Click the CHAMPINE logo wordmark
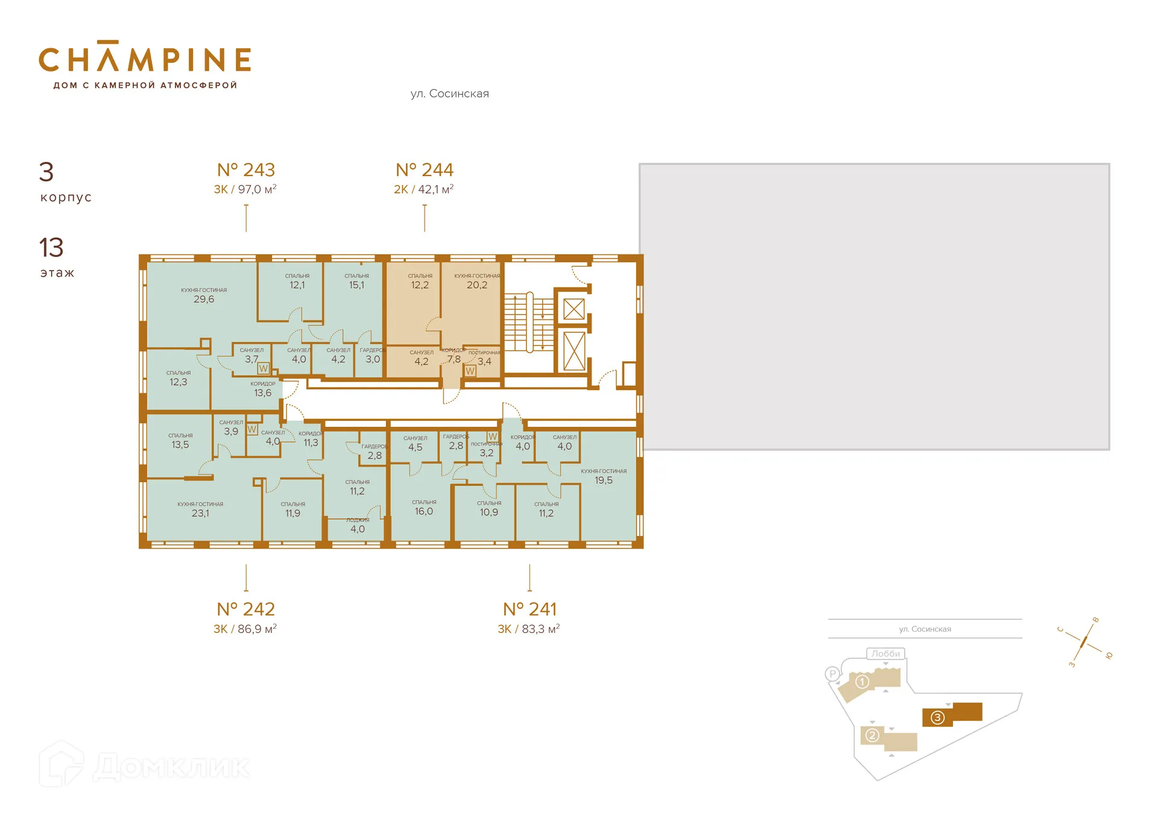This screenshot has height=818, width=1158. (145, 59)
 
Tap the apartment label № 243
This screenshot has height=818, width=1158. (245, 170)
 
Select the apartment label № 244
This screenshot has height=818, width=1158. (424, 170)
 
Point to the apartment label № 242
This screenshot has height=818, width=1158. (245, 609)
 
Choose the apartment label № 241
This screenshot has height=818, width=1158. (530, 609)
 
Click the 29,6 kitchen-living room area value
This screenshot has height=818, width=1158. (204, 299)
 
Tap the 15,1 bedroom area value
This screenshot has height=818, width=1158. (356, 285)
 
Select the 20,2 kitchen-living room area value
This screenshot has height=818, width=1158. (476, 285)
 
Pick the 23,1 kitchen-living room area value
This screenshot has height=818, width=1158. (200, 514)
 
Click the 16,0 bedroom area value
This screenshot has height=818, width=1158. (423, 511)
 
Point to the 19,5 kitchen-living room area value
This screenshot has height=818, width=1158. (603, 480)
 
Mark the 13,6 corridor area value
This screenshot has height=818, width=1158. (262, 393)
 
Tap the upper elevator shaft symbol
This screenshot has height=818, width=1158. (574, 309)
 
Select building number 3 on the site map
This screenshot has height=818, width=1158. (937, 717)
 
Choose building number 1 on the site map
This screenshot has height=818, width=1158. (862, 682)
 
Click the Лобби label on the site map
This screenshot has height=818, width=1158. (885, 653)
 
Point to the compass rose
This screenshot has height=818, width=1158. (1084, 642)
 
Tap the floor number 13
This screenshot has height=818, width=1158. (51, 248)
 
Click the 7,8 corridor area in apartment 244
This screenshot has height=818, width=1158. (454, 359)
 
